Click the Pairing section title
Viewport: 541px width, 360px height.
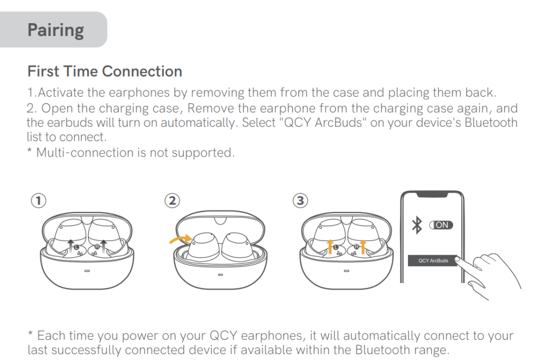click(55, 30)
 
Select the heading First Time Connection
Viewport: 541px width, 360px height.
click(105, 71)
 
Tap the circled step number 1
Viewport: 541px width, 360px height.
click(39, 201)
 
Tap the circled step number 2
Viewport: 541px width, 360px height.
click(172, 201)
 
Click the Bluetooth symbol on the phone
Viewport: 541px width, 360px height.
click(417, 225)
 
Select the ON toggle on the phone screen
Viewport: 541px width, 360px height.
click(441, 225)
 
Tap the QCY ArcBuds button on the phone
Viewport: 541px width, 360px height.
click(433, 261)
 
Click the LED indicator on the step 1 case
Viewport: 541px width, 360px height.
click(87, 271)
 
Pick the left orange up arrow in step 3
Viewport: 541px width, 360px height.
click(331, 246)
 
